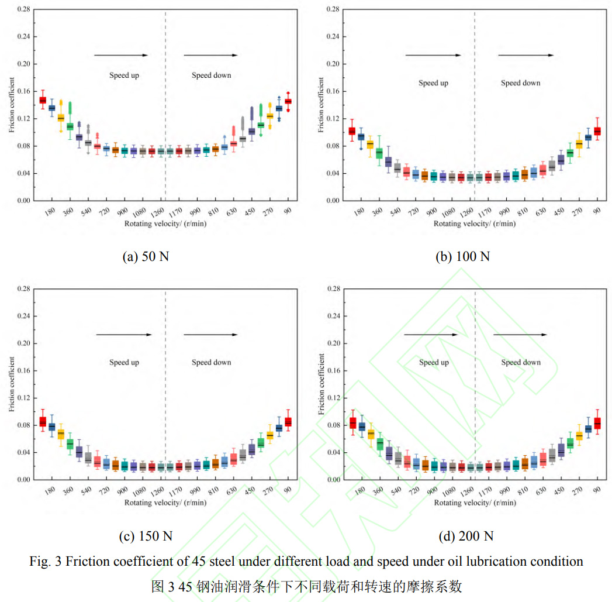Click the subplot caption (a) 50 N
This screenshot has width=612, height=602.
[146, 256]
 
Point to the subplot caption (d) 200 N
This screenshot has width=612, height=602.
[465, 536]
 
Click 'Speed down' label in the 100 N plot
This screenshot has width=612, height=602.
[520, 82]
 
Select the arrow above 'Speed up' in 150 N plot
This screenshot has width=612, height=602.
[123, 335]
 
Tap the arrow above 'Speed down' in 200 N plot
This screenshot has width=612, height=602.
[520, 335]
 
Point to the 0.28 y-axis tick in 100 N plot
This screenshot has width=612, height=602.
[333, 9]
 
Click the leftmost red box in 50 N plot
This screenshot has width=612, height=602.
[43, 100]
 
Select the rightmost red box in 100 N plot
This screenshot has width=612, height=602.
[597, 131]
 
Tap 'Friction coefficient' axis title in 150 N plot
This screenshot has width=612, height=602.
[12, 384]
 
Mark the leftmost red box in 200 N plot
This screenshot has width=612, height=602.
[352, 422]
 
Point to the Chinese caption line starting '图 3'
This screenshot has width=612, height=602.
[306, 586]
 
